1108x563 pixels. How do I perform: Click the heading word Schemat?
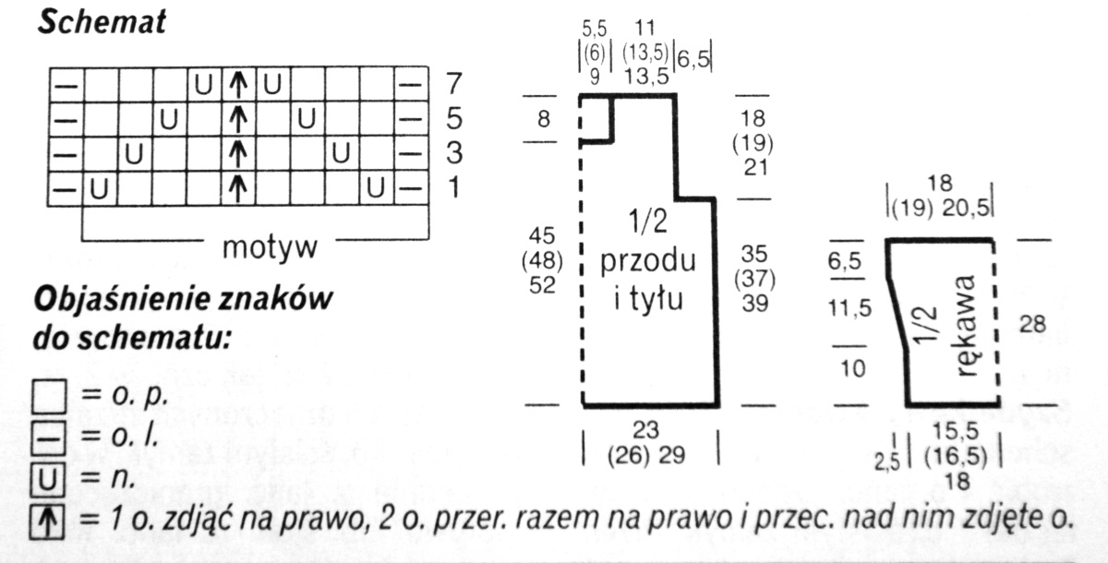click(102, 22)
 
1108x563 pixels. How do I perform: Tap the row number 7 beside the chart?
click(452, 84)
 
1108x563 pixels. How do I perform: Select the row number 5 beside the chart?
click(452, 119)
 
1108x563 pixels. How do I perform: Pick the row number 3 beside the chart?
click(452, 153)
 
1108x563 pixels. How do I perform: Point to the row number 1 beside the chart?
click(452, 187)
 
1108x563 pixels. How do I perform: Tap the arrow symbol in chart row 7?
click(238, 85)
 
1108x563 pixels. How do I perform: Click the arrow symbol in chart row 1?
click(238, 188)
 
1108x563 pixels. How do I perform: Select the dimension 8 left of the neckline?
click(542, 118)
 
